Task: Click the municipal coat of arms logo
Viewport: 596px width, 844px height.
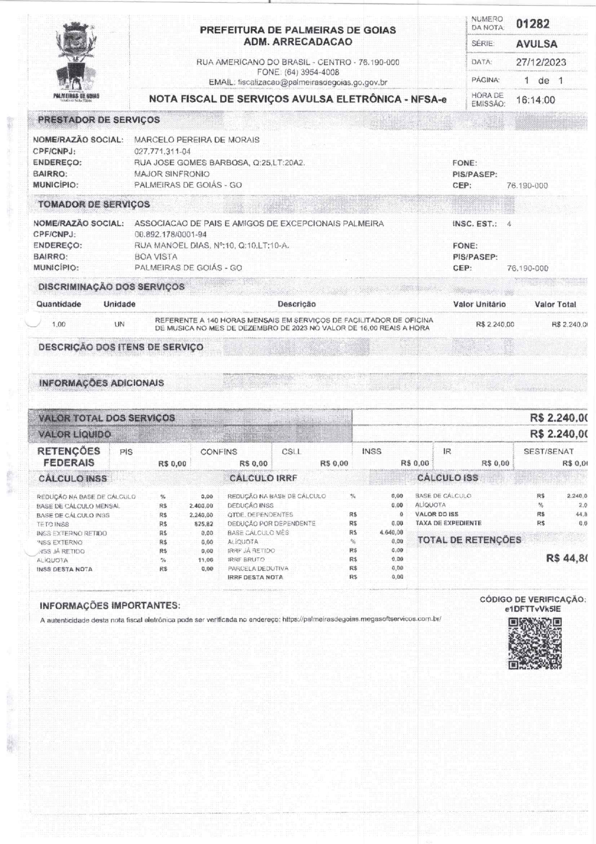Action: tap(76, 60)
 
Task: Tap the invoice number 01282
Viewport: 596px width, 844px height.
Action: tap(533, 24)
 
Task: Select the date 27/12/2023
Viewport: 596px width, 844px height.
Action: tap(541, 62)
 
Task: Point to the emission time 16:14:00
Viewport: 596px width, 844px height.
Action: tap(535, 100)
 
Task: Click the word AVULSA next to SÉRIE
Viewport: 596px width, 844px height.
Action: tap(536, 44)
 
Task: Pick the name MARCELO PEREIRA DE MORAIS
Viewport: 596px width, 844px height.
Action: tap(197, 140)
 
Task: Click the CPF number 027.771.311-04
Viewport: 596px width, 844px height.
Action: tap(162, 151)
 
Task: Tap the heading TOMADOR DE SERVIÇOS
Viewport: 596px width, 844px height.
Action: tap(94, 204)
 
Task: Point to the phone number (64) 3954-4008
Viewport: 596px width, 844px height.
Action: tap(312, 73)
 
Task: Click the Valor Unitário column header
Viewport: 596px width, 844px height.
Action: tap(479, 304)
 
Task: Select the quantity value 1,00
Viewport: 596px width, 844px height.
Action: tap(59, 325)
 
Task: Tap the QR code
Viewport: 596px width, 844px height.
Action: tap(535, 643)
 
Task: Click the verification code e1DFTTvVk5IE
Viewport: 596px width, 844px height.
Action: tap(533, 609)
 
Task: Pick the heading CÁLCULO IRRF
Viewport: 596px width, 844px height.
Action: tap(263, 479)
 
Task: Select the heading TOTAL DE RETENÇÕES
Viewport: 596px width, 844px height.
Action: tap(469, 540)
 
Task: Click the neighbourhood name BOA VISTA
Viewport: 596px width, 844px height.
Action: tap(156, 257)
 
